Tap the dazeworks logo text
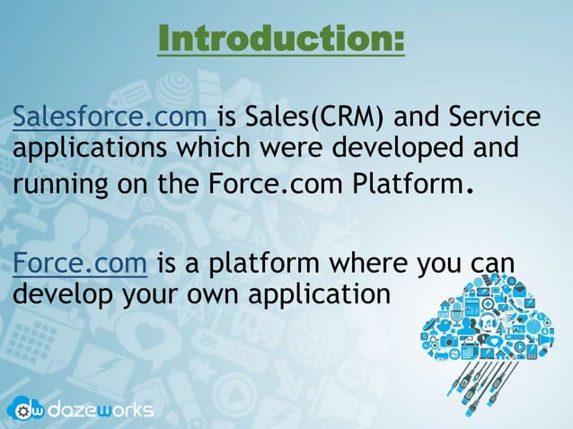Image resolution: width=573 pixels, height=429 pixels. (x=101, y=409)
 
